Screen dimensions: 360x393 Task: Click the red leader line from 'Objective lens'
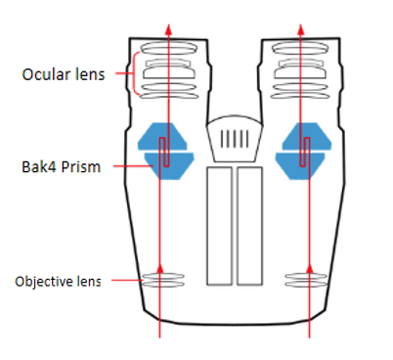click(127, 282)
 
